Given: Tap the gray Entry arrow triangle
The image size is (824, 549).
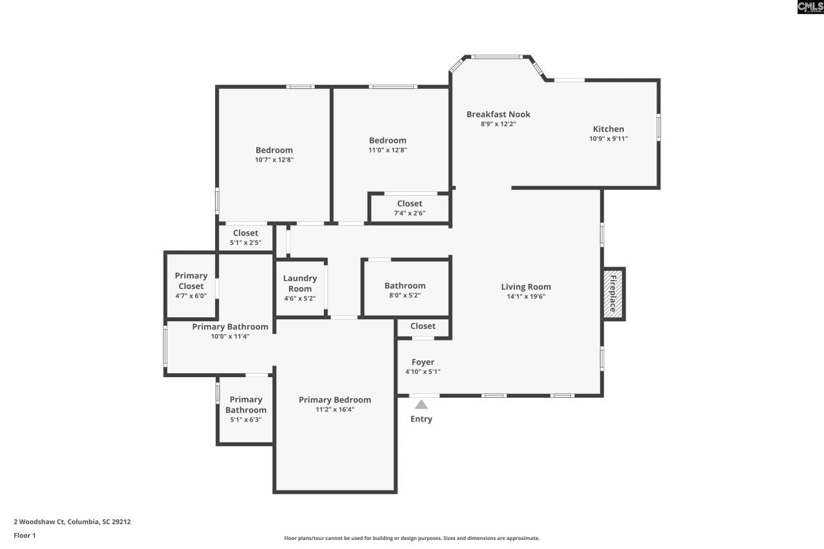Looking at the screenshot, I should [x=421, y=405].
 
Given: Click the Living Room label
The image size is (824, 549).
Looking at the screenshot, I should [x=526, y=287].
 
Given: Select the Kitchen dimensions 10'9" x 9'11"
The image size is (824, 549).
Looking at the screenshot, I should [x=608, y=138].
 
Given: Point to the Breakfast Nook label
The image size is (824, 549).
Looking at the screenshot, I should [x=498, y=115].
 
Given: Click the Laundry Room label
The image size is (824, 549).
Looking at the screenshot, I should [x=300, y=283].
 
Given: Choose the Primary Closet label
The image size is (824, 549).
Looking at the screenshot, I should [x=191, y=281].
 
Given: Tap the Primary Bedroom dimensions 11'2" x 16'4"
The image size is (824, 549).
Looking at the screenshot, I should [x=335, y=409].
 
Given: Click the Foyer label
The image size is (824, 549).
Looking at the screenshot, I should [x=423, y=362].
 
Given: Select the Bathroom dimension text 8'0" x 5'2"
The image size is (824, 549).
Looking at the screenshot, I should [x=405, y=295].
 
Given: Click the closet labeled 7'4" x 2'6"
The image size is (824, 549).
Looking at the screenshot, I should [x=409, y=208].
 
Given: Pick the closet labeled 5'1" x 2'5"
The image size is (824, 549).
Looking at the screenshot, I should [x=245, y=237].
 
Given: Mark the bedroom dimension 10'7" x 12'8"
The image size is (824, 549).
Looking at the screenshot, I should [x=274, y=160].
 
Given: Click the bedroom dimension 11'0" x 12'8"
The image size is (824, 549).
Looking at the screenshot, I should [x=388, y=150].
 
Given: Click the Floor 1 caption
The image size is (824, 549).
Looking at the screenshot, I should [x=25, y=535].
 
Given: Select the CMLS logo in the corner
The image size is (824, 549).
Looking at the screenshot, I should [x=810, y=7].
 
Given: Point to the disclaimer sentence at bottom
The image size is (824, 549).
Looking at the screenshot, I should [x=412, y=538].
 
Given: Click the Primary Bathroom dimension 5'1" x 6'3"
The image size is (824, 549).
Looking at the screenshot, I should [x=246, y=420].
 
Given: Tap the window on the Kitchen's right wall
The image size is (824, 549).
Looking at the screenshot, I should [x=658, y=127].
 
